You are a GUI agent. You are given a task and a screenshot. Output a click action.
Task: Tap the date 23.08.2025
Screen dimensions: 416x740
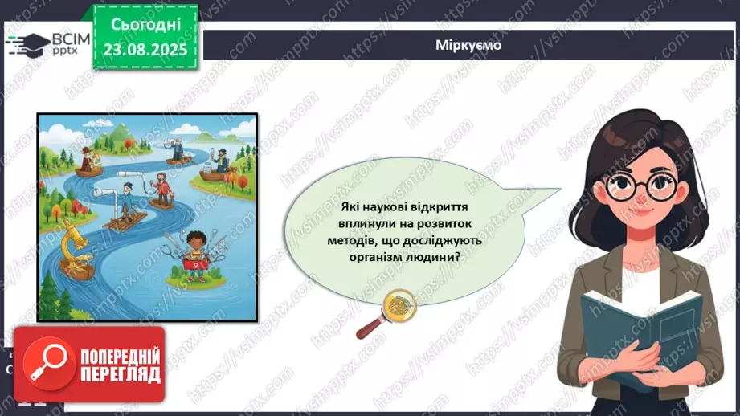point(145,47)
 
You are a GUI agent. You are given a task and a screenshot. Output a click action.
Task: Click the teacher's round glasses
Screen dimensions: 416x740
point(636,186)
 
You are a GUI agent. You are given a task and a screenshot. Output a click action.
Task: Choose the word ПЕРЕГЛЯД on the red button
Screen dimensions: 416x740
point(121,373)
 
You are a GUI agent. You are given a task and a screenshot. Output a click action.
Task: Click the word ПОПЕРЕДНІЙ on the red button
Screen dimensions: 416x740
point(121,355)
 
